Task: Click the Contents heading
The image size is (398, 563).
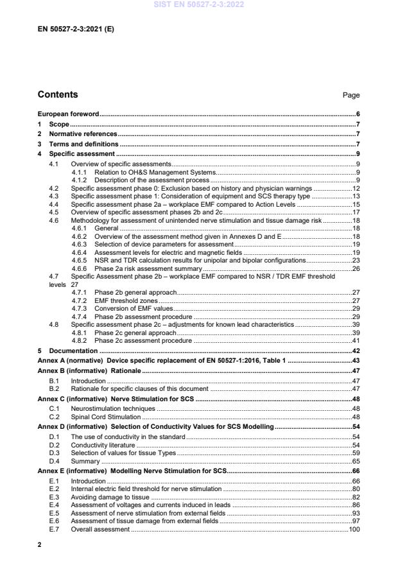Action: [x=58, y=95]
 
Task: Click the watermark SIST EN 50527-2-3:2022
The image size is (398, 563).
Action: [x=198, y=5]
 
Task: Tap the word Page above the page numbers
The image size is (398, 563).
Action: [x=351, y=96]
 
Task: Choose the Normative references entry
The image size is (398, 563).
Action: [x=83, y=134]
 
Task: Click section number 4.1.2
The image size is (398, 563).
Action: [x=80, y=180]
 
